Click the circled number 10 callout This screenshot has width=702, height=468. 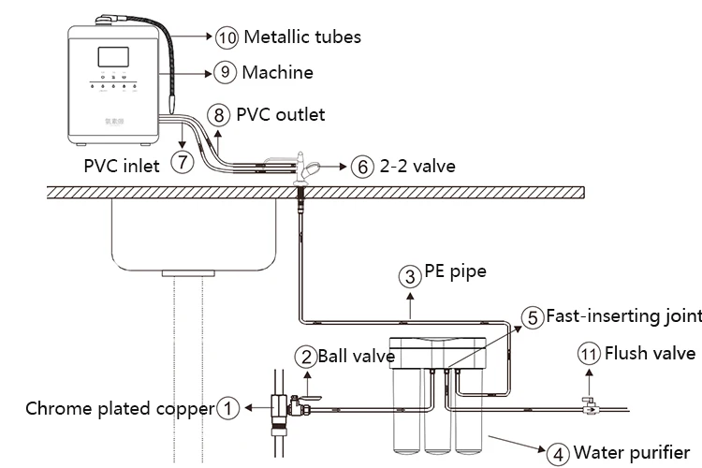[227, 37]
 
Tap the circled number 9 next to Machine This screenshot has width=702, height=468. [225, 72]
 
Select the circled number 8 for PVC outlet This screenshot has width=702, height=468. [218, 115]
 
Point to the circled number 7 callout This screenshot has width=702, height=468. [183, 161]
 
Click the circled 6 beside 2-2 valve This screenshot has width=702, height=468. [362, 167]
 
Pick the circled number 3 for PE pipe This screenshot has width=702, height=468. [410, 276]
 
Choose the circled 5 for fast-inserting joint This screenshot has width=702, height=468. [533, 317]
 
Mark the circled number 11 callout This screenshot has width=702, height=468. [589, 354]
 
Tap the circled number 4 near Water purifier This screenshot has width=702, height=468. [558, 454]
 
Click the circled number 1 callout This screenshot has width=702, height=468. [227, 408]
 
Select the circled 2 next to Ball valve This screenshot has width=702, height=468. [306, 357]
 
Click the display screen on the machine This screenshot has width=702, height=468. [113, 57]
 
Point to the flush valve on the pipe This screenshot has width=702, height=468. [590, 405]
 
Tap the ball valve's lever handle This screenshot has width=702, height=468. [310, 398]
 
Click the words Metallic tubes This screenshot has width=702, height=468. [302, 37]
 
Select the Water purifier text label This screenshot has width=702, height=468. [632, 452]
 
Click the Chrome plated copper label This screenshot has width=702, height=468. [120, 409]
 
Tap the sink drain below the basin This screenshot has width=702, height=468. [188, 272]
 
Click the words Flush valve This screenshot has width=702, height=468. [651, 353]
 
